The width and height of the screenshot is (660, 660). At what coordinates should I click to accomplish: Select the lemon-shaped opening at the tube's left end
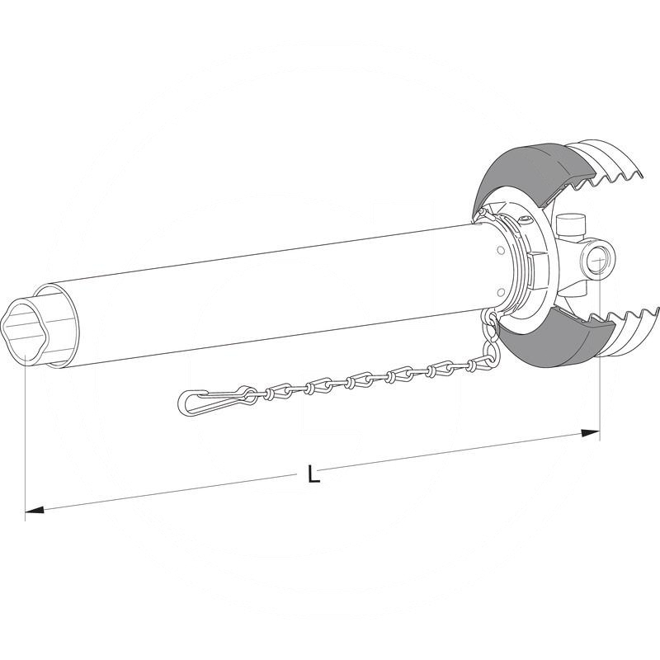pos(30,331)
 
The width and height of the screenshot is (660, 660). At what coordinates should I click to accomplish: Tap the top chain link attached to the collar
pos(492,320)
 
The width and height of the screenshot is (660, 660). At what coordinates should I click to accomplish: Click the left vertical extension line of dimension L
pos(26,437)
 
